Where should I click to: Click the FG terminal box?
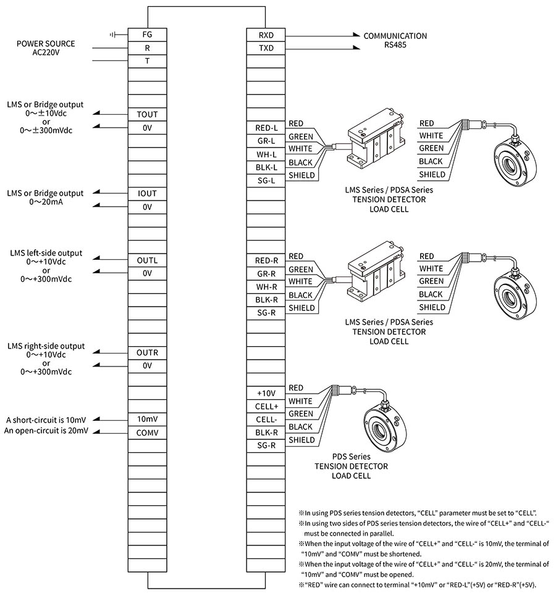click(x=147, y=35)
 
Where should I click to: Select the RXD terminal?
click(x=266, y=35)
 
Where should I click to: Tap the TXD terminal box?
click(x=266, y=48)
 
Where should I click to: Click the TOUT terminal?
click(x=147, y=114)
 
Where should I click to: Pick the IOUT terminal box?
click(x=147, y=194)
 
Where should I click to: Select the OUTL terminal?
click(x=147, y=260)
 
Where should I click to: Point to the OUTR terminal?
click(x=147, y=353)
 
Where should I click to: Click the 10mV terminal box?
click(x=147, y=419)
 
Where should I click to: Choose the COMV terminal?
click(x=147, y=433)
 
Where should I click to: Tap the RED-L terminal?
click(x=266, y=128)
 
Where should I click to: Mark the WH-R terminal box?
click(x=266, y=287)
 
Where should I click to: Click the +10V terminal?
click(x=266, y=393)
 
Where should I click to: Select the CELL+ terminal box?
click(x=266, y=406)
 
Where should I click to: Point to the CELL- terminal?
click(x=266, y=420)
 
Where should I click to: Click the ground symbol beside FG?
click(x=112, y=35)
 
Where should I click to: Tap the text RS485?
click(x=395, y=45)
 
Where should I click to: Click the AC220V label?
click(x=46, y=52)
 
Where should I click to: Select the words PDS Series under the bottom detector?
click(x=351, y=457)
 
